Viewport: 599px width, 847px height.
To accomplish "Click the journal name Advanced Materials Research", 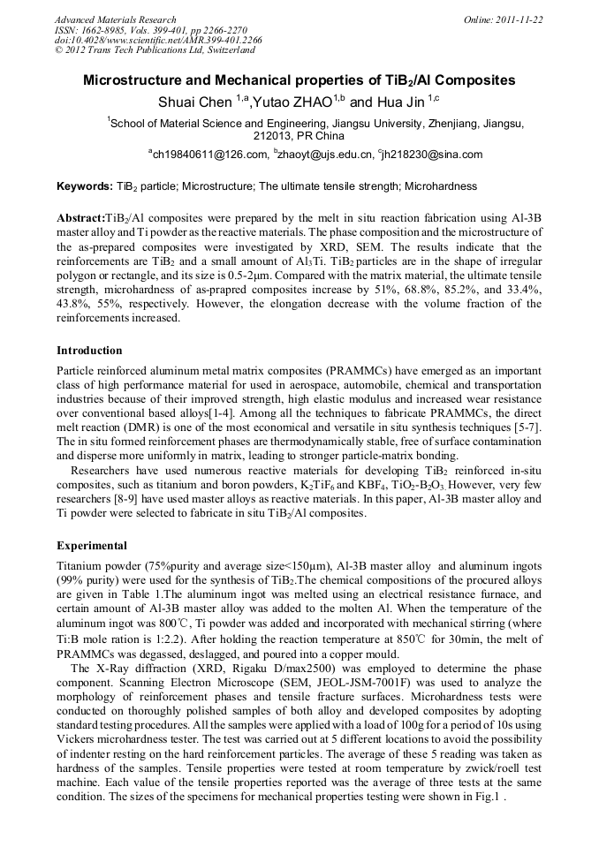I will coord(116,19).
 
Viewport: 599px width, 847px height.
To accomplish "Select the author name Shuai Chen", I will coord(193,102).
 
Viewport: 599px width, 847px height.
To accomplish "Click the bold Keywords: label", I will coord(84,186).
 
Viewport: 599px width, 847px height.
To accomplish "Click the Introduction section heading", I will coord(89,351).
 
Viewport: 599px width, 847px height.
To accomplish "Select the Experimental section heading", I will coord(92,545).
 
